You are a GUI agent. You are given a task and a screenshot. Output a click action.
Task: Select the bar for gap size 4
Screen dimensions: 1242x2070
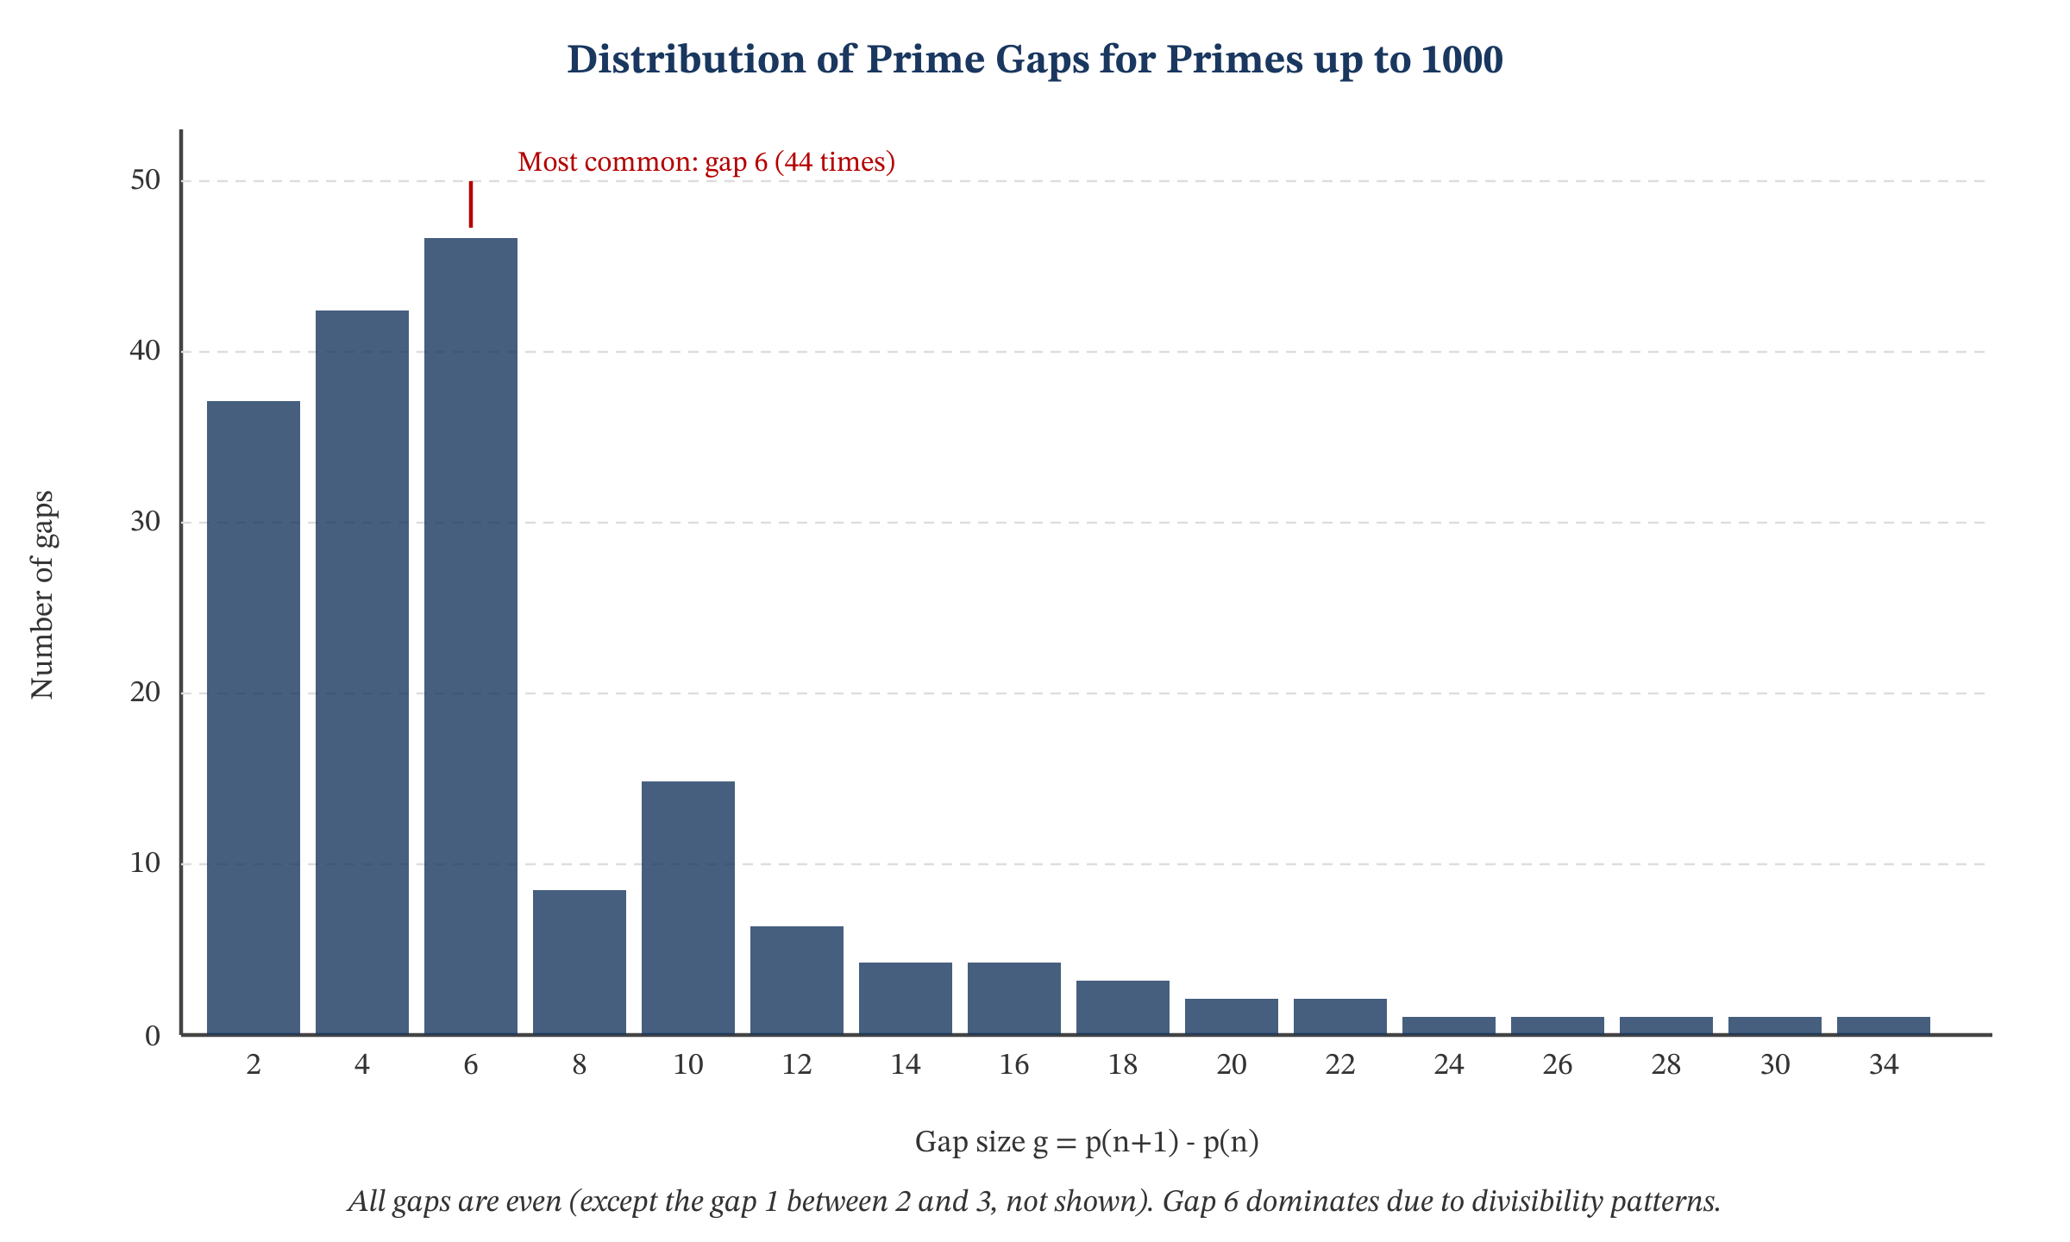pos(362,673)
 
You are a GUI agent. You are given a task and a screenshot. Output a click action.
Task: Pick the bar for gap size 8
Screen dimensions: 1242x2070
pos(580,962)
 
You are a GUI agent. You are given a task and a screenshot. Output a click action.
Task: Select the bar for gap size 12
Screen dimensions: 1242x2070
pos(797,980)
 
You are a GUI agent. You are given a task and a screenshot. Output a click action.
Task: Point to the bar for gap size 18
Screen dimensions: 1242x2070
pos(1123,1007)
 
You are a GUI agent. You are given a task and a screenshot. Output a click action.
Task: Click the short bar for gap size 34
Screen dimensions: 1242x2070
pos(1884,1026)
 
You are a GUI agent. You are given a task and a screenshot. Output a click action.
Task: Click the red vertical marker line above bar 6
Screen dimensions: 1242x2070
pos(471,204)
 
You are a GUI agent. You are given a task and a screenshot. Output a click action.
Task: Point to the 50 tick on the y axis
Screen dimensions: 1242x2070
pos(146,180)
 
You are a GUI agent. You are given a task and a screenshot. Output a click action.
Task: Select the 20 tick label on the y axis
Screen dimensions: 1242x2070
pos(146,693)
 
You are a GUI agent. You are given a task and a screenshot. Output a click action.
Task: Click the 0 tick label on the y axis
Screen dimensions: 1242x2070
pos(153,1035)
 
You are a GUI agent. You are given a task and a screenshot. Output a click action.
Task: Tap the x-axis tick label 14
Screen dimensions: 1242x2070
pos(906,1065)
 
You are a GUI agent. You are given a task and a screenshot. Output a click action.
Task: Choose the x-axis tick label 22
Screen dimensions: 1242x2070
pos(1340,1065)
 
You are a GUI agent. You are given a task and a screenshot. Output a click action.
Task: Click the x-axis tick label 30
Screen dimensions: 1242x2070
pos(1775,1065)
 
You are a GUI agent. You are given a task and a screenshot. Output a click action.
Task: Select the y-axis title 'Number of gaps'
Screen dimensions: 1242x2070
pos(42,594)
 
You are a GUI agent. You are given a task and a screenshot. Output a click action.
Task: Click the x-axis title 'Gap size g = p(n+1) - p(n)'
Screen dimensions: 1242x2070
pos(1087,1142)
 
